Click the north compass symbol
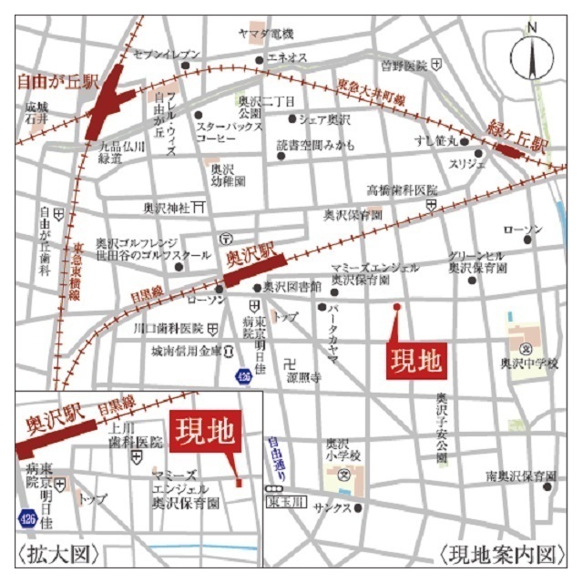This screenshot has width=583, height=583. click(532, 56)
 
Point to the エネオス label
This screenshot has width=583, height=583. click(287, 57)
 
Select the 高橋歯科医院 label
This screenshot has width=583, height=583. click(402, 190)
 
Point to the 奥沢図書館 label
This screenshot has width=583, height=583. click(292, 286)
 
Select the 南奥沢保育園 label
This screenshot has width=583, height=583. click(520, 476)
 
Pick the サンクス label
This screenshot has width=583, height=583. click(332, 507)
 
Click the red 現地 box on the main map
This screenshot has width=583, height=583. click(417, 362)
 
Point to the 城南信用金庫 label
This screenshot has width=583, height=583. click(186, 351)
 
